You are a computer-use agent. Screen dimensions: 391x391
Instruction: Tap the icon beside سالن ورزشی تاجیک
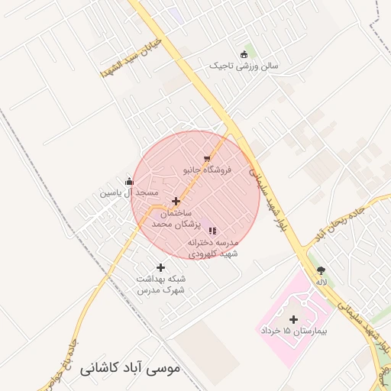tap(244, 53)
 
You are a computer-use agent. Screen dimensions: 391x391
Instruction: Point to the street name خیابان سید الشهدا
tap(131, 57)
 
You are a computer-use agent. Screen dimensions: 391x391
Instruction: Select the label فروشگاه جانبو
tap(207, 171)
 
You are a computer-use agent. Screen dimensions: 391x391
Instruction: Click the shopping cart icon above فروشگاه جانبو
tap(207, 159)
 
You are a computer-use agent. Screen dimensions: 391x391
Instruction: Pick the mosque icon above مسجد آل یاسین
tap(128, 182)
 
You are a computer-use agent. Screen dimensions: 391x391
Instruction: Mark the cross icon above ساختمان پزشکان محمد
tap(176, 202)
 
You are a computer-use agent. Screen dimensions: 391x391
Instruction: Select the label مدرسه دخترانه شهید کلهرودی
tap(212, 247)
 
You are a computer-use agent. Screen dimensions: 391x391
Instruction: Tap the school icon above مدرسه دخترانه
tap(212, 230)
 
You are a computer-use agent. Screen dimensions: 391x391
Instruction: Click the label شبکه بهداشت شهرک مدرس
tap(161, 284)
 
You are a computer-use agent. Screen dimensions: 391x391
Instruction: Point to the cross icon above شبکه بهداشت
tap(160, 267)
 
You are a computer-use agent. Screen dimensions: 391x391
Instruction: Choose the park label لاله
tap(322, 283)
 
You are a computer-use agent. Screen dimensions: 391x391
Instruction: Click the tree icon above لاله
tap(321, 270)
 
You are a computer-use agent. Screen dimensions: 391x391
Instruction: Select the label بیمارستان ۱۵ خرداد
tap(293, 331)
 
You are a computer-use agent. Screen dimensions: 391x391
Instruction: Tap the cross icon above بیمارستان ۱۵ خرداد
tap(293, 318)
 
